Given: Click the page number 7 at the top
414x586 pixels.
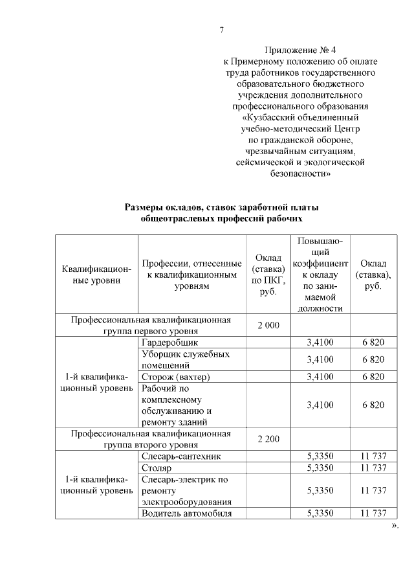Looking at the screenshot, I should point(222,30).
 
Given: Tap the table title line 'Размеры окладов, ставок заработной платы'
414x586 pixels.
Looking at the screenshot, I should point(222,207).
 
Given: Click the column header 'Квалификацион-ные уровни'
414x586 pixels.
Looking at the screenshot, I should point(96,275).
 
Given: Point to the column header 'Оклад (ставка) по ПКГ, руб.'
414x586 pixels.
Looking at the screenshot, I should point(268,275).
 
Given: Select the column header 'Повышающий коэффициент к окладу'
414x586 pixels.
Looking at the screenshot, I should point(320,275).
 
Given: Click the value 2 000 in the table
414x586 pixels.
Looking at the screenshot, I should point(268,325).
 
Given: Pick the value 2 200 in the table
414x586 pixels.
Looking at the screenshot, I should point(268,440).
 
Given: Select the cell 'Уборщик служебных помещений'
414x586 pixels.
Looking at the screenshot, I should point(185,359).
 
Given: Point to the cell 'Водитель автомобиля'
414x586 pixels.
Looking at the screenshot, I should point(186,513).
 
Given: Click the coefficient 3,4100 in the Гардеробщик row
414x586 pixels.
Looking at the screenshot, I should point(320,342).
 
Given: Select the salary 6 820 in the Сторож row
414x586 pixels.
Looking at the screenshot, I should point(373,377).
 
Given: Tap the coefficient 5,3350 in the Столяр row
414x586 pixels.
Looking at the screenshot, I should point(320,468).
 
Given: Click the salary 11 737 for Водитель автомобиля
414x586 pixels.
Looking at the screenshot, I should point(373,513).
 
